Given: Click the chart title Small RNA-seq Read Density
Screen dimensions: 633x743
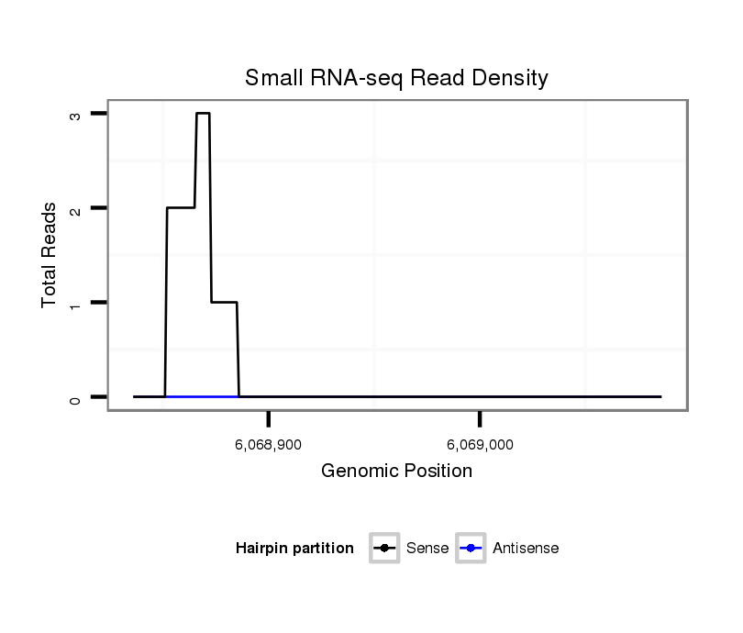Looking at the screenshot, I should click(x=396, y=79).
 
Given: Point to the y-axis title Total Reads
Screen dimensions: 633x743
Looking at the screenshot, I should click(x=50, y=255).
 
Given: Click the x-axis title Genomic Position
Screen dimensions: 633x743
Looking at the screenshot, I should click(x=396, y=472).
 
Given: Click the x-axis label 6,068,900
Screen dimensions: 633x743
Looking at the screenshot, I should click(x=269, y=445).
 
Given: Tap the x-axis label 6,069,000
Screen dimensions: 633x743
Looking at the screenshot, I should click(x=481, y=445).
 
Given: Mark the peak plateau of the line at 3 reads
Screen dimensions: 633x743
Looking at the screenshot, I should click(x=203, y=114).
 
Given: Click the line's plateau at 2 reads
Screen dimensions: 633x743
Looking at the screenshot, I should click(x=181, y=208).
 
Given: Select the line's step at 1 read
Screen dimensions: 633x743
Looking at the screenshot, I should click(x=225, y=303).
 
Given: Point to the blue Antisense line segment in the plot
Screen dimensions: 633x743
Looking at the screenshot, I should click(x=202, y=396).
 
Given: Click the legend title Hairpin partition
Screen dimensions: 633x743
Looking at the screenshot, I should click(x=294, y=549).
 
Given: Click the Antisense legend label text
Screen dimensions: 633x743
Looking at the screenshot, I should click(x=526, y=549).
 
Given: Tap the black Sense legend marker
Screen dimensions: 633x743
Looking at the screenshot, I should click(x=384, y=549).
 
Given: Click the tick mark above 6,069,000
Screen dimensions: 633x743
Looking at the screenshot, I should click(x=481, y=419).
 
